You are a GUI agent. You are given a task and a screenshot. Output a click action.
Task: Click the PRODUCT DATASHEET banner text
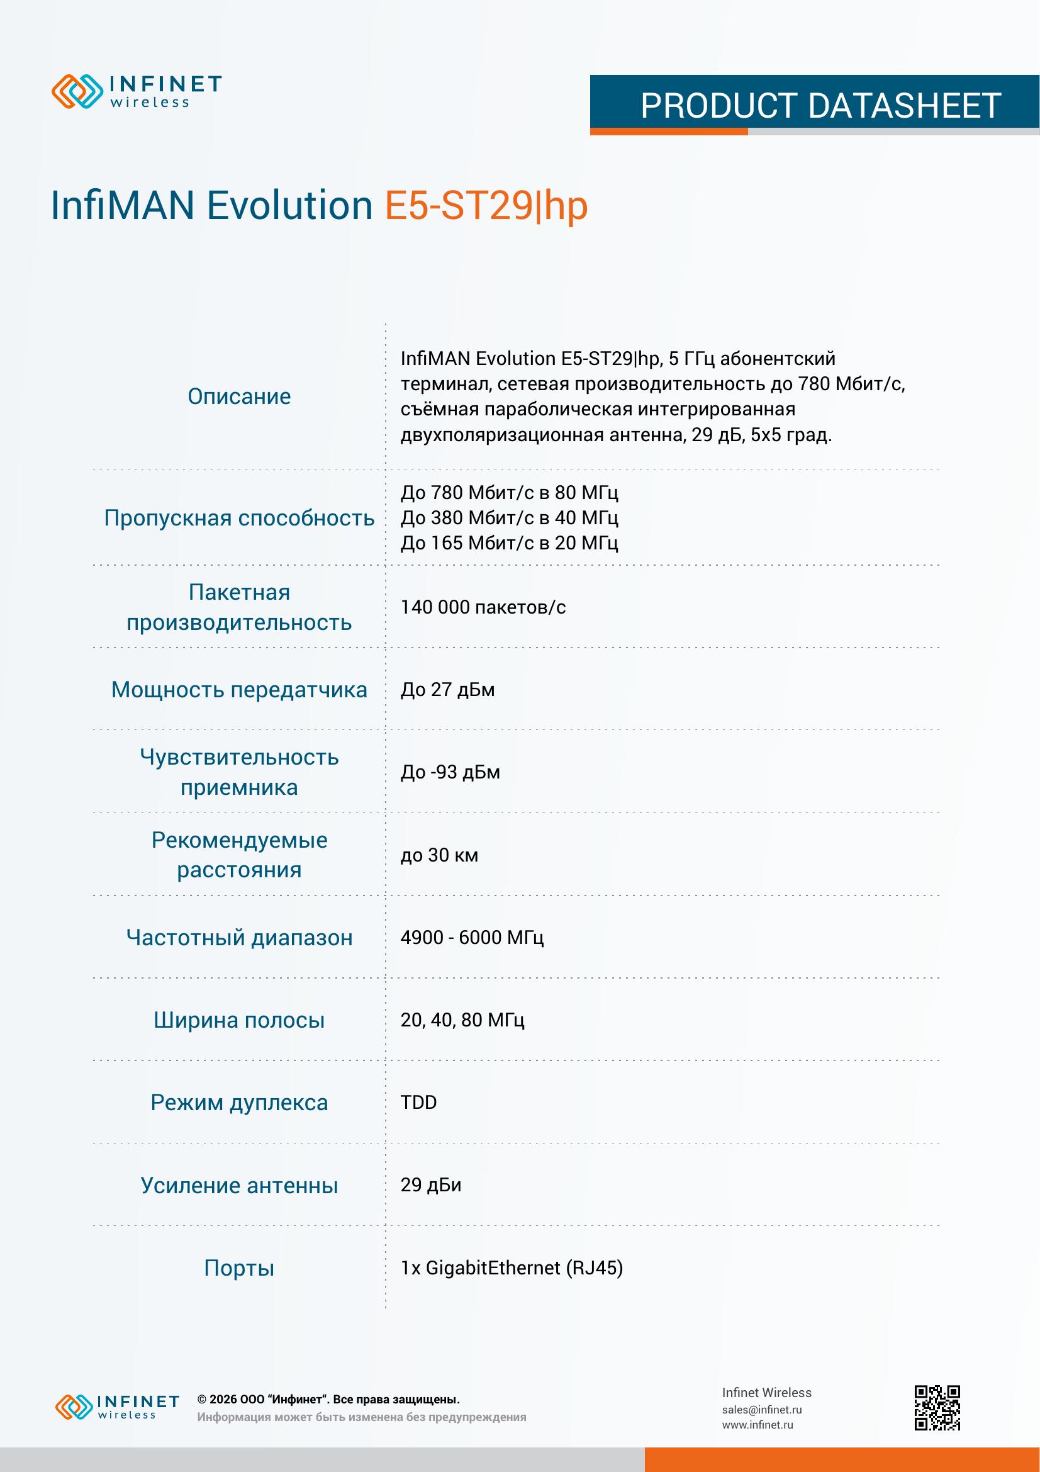coord(820,106)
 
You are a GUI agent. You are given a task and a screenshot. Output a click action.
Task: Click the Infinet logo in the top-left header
coord(137,91)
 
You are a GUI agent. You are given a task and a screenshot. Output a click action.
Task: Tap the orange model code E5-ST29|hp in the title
coord(486,206)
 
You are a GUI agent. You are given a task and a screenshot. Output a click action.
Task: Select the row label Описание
coord(239,397)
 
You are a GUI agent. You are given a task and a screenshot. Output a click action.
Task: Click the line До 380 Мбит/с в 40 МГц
coord(510,517)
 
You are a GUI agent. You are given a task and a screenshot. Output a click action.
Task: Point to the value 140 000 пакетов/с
coord(483,607)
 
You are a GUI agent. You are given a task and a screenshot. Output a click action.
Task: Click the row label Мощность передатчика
coord(239,690)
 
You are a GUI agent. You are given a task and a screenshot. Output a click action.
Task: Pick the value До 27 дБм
coord(447,690)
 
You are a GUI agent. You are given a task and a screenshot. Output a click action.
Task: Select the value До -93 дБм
coord(450,772)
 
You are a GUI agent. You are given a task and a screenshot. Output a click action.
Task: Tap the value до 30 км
coord(439,855)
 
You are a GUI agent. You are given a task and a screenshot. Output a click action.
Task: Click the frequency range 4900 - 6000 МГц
coord(472,937)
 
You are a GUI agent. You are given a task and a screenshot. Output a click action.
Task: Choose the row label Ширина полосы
coord(239,1020)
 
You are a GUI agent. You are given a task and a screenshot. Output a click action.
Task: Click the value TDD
coord(418,1102)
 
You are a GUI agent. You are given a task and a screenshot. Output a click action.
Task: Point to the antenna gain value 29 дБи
coord(430,1185)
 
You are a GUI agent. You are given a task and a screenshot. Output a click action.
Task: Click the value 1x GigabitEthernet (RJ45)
coord(512,1267)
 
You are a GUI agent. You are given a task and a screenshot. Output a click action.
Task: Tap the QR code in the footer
coord(937,1408)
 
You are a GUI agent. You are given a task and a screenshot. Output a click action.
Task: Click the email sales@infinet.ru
coord(761,1410)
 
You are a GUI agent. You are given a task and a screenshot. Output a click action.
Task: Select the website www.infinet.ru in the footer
coord(757,1425)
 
